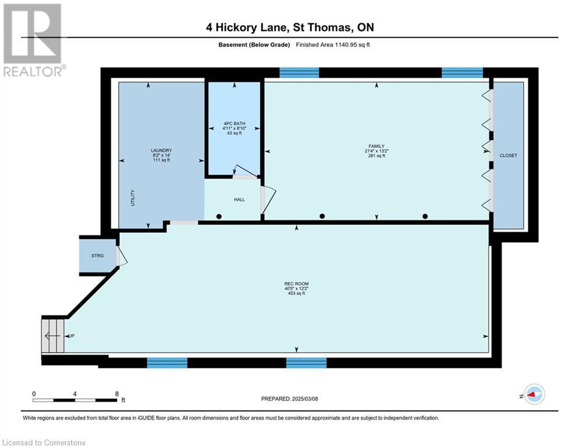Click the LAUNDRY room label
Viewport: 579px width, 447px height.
(x=161, y=150)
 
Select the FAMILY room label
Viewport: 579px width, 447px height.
(x=375, y=146)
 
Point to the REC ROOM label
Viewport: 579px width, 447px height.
(x=296, y=283)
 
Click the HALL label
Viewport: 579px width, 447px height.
(x=239, y=200)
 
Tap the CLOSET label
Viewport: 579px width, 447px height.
(x=508, y=155)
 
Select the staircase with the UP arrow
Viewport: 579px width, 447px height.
(x=53, y=335)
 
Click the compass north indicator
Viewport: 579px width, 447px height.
(x=534, y=394)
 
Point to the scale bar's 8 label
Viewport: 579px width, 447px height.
(x=117, y=393)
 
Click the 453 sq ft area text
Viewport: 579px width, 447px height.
(x=296, y=293)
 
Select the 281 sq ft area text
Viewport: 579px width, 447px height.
(x=375, y=156)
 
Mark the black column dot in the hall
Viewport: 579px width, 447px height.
(x=219, y=217)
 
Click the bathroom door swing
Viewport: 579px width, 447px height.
(x=243, y=170)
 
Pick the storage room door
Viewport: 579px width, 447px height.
(x=120, y=256)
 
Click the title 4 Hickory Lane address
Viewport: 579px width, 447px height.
(x=289, y=27)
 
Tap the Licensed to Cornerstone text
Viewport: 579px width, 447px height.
(x=44, y=442)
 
